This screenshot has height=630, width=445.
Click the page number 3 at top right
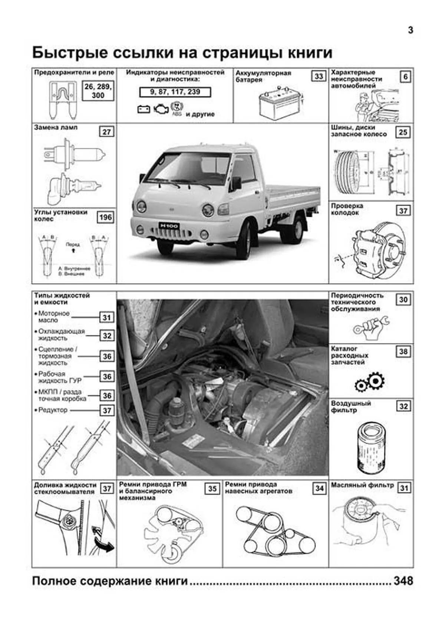pos(410,30)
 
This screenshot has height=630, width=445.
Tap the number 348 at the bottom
pos(403,581)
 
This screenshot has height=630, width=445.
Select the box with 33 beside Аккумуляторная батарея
pos(319,76)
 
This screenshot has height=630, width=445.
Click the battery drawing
pos(280,101)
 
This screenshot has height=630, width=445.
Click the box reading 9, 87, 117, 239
pos(175,92)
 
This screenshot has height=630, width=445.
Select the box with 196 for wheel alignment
pos(105,217)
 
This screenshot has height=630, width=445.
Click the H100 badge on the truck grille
pos(169,226)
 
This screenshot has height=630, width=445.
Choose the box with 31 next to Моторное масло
pos(107,317)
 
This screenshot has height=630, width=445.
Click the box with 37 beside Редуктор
pos(107,410)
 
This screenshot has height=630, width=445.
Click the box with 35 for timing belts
pos(212,489)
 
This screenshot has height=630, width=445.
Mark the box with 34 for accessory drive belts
pos(319,488)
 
